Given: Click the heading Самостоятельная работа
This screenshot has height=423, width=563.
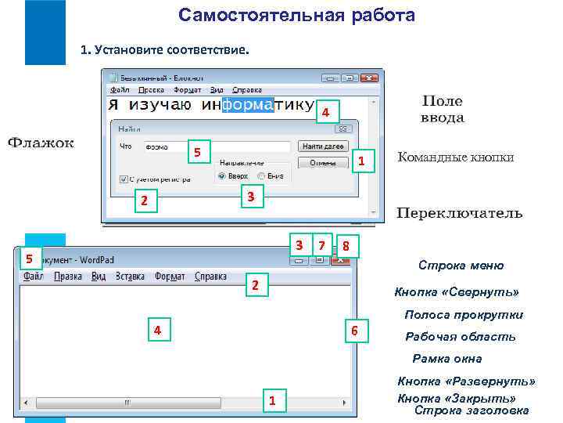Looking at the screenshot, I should pyautogui.click(x=296, y=16).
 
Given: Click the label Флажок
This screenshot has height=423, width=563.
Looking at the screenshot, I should pyautogui.click(x=41, y=143).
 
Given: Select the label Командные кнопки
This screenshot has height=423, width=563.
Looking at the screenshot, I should pyautogui.click(x=456, y=157).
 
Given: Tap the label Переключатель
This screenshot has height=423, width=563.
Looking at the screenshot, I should pyautogui.click(x=459, y=213).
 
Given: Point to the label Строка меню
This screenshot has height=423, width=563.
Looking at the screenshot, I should pyautogui.click(x=461, y=266).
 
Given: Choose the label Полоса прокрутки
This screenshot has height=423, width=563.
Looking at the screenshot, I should pyautogui.click(x=463, y=315).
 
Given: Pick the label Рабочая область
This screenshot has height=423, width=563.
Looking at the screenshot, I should pyautogui.click(x=460, y=337).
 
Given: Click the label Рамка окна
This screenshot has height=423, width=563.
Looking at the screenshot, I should pyautogui.click(x=446, y=359).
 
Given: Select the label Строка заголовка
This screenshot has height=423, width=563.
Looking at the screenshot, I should pyautogui.click(x=471, y=410).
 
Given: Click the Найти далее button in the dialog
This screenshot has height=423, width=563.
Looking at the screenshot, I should pyautogui.click(x=323, y=146).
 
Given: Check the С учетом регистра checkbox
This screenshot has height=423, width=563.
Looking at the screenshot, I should pyautogui.click(x=124, y=179).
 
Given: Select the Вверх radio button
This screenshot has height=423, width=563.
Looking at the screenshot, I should pyautogui.click(x=223, y=176).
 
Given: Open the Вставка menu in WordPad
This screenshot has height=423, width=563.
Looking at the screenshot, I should pyautogui.click(x=131, y=276).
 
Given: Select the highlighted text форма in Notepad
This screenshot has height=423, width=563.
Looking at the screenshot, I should pyautogui.click(x=248, y=103).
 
